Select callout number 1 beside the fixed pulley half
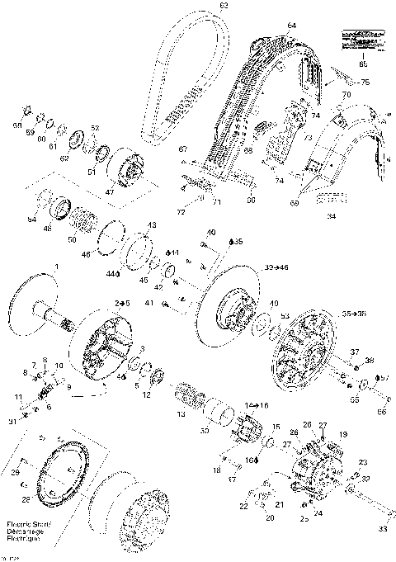(56, 265)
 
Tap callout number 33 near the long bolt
(382, 529)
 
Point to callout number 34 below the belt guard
(331, 217)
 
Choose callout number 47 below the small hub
(108, 191)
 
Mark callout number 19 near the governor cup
(342, 434)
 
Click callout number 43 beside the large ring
(151, 225)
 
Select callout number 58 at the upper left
(17, 125)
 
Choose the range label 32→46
(276, 269)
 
